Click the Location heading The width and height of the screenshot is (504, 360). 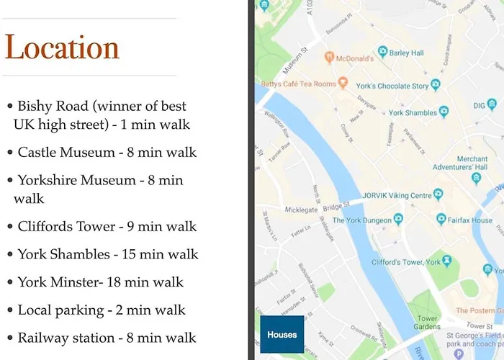point(62,48)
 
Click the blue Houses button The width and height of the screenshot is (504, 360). point(282,335)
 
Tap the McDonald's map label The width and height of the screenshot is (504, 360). point(354,58)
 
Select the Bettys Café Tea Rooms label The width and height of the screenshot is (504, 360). point(298,84)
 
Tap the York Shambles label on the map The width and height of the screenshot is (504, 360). point(413,113)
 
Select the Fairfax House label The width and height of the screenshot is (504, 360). point(472,220)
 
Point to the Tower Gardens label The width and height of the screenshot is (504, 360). point(428,323)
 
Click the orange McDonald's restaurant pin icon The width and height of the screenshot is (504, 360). point(328,58)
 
